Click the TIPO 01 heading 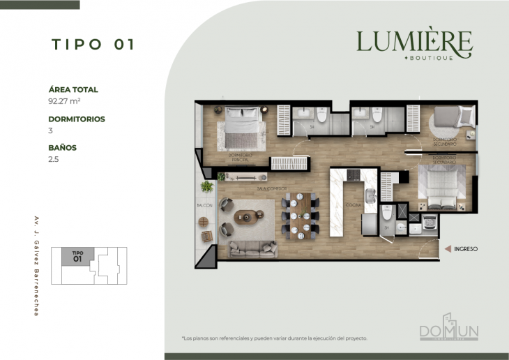(93, 45)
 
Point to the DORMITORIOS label (77, 119)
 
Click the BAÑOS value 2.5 (54, 159)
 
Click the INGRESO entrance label (465, 248)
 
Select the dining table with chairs (301, 216)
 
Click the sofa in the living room (252, 248)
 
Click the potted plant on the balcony (206, 187)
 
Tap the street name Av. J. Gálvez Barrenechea (36, 266)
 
